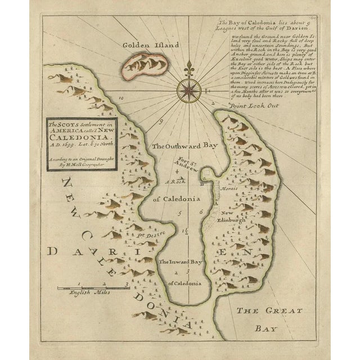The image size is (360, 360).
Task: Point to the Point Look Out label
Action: pos(256,105)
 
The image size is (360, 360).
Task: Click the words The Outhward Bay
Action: pos(184,146)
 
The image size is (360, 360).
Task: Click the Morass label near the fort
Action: pos(229,191)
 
